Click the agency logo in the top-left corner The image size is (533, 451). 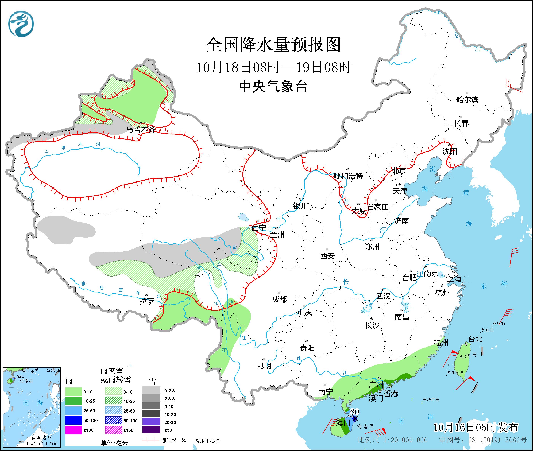click(x=21, y=24)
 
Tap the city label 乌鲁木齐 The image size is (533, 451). click(x=141, y=129)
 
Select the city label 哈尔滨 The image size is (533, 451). click(x=467, y=100)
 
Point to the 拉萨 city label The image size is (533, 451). click(x=147, y=301)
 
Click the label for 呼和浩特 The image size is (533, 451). click(x=348, y=176)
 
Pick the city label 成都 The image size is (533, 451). click(x=279, y=299)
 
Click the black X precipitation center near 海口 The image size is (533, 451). click(x=355, y=418)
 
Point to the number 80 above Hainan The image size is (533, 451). click(x=355, y=412)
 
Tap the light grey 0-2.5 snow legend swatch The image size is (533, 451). click(x=151, y=391)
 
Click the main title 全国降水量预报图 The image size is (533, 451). click(x=273, y=45)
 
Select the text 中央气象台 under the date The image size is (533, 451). click(x=273, y=86)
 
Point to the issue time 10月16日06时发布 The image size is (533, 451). click(x=476, y=427)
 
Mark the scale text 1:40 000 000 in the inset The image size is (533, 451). click(x=42, y=444)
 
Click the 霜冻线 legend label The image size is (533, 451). click(x=169, y=441)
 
